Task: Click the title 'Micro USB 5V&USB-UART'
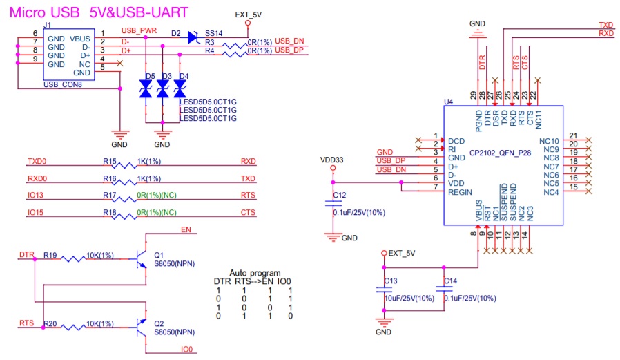point(99,12)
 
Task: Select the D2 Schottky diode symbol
point(193,37)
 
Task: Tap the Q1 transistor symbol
point(141,259)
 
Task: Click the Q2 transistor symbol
point(141,328)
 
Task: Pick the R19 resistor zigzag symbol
point(72,259)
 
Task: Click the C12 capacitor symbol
point(333,203)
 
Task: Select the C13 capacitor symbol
point(384,290)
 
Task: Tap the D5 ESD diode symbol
point(146,88)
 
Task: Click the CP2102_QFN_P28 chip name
point(500,153)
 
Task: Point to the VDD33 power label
point(331,160)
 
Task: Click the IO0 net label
point(186,350)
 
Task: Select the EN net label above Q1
point(186,229)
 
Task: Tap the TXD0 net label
point(37,162)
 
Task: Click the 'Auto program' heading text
point(255,273)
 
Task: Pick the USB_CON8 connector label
point(62,84)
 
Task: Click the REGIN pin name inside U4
point(460,192)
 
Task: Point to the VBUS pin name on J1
point(80,39)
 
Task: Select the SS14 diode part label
point(213,33)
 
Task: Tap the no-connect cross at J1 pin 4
point(120,64)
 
